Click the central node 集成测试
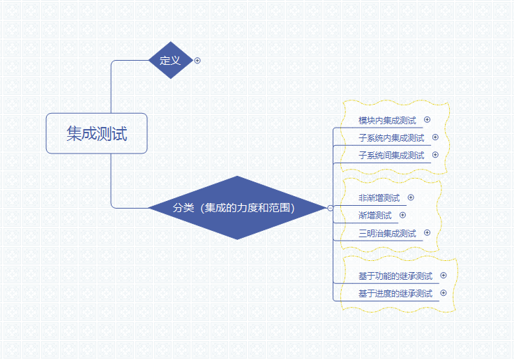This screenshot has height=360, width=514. click(x=96, y=133)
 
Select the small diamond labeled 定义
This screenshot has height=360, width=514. click(x=170, y=60)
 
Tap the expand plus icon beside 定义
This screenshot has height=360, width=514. click(x=197, y=61)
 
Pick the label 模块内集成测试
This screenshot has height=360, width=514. click(x=387, y=120)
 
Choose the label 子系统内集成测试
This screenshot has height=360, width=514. click(x=391, y=137)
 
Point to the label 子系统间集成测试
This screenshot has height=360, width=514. click(x=391, y=155)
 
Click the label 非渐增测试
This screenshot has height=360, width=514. click(x=379, y=197)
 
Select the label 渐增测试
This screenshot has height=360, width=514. click(x=375, y=215)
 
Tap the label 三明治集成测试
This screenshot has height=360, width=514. click(x=387, y=233)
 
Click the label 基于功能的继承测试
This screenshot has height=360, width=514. click(x=395, y=276)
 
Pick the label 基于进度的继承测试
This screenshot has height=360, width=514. click(x=395, y=293)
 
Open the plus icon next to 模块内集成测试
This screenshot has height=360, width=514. click(x=428, y=120)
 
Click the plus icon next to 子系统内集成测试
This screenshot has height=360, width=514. click(x=436, y=137)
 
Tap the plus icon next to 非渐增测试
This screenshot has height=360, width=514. click(x=411, y=197)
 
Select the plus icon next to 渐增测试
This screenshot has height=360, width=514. click(x=402, y=215)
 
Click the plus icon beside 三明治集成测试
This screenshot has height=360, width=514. click(x=428, y=233)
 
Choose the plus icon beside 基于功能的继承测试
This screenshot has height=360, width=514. click(x=444, y=276)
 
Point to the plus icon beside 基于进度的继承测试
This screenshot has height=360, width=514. click(x=444, y=293)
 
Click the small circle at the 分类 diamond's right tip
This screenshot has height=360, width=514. click(x=331, y=207)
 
